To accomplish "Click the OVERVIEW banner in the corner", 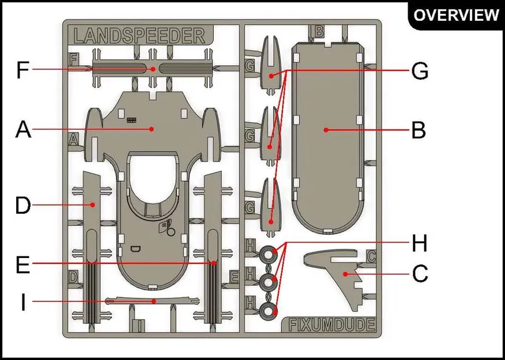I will click(456, 14).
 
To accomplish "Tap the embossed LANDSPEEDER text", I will click(140, 36).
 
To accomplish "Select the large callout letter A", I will click(23, 130).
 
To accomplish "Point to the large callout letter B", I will click(419, 130).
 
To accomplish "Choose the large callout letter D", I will click(23, 206).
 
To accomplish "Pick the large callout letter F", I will click(23, 70).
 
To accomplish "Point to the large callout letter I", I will click(23, 302).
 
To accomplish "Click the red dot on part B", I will click(326, 130).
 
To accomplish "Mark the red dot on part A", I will click(152, 129).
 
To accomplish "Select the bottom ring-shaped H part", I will click(267, 312).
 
